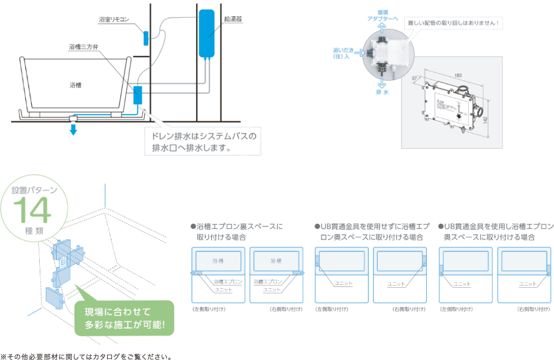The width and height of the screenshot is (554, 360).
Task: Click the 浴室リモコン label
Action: click(114, 19)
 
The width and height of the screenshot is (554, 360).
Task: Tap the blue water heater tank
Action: click(206, 33)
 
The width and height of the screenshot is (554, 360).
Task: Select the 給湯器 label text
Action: click(233, 19)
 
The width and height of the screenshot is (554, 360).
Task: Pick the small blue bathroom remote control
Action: click(146, 38)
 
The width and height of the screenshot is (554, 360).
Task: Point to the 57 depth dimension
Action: click(415, 79)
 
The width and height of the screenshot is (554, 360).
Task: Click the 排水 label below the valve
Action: click(382, 92)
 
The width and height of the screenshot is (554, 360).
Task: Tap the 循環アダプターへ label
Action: click(382, 15)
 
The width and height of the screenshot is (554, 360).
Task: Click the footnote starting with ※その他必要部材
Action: click(86, 356)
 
